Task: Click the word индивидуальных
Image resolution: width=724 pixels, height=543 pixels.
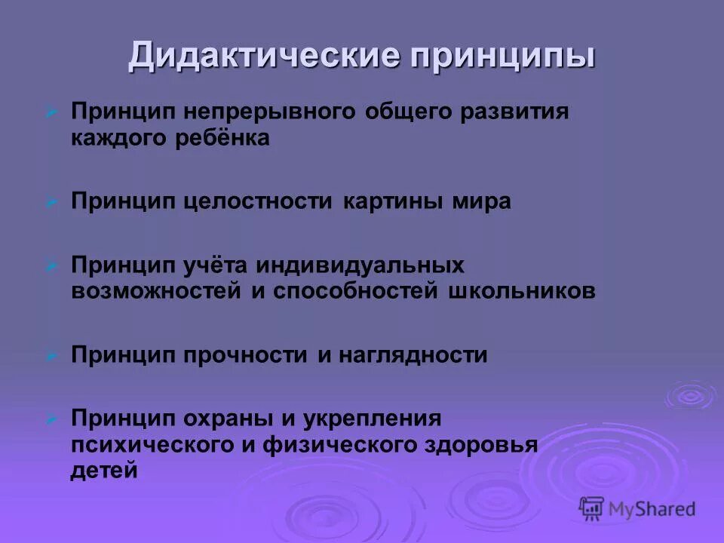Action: coord(358,265)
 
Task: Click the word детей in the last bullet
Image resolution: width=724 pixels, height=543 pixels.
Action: coord(105,471)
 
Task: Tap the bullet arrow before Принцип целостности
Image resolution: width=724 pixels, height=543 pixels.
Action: coord(51,202)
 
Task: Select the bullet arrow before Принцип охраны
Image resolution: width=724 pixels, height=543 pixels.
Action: coord(51,418)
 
